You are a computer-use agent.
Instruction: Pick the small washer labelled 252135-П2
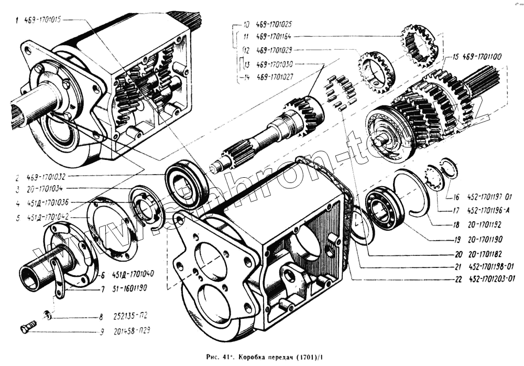pyautogui.click(x=47, y=315)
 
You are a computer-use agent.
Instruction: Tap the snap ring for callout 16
pyautogui.click(x=450, y=167)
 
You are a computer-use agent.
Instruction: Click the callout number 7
pyautogui.click(x=103, y=288)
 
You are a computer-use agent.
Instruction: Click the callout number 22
pyautogui.click(x=458, y=279)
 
